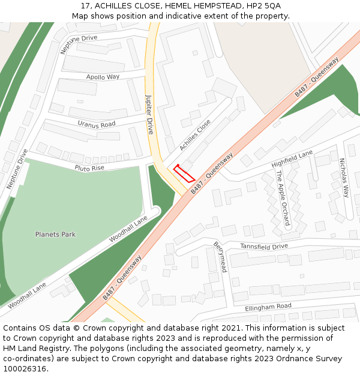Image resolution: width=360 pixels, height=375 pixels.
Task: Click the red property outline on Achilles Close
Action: [184, 173]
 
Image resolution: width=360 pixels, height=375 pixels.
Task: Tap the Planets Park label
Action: [55, 235]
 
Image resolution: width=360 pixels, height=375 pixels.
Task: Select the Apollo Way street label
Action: [103, 77]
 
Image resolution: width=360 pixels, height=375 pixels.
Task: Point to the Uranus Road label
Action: [96, 124]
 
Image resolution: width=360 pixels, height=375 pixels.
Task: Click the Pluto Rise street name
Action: [89, 167]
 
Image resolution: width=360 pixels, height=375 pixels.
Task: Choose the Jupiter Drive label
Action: [150, 113]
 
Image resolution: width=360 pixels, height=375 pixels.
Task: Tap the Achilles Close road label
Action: [195, 136]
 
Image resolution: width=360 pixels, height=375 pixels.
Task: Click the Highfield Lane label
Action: [292, 159]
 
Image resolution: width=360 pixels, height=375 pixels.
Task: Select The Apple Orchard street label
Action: [283, 199]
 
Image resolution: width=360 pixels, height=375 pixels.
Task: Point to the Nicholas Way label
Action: [344, 178]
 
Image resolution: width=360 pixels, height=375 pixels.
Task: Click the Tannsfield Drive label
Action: [264, 247]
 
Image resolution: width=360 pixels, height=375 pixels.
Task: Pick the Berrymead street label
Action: [220, 257]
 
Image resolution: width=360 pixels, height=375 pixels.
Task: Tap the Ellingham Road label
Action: [268, 307]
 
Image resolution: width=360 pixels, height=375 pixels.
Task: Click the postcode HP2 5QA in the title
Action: [264, 6]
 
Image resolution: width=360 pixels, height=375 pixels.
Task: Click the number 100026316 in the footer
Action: [25, 368]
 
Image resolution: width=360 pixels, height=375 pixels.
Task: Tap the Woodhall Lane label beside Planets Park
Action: [128, 230]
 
